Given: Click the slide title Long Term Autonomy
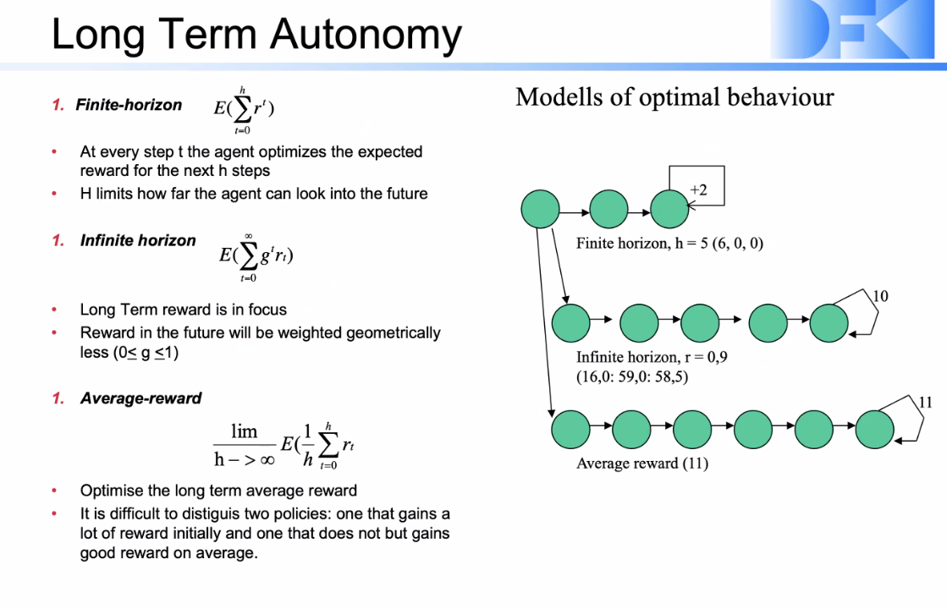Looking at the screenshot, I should click(x=256, y=35).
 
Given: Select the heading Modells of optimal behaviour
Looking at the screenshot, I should click(x=674, y=97).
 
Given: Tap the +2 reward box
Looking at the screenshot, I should click(x=696, y=189).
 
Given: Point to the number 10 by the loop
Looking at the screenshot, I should click(x=880, y=296).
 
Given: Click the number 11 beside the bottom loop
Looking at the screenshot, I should click(x=925, y=402).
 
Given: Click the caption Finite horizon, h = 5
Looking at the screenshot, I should click(x=669, y=244).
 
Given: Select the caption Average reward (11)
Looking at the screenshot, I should click(x=641, y=463).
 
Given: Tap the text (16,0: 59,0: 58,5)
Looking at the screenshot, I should click(x=632, y=376).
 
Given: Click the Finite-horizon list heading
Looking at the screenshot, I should click(x=129, y=105).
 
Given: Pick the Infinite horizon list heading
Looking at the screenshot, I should click(x=137, y=240).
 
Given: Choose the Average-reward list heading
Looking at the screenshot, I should click(x=140, y=398).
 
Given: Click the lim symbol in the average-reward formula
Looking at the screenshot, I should click(x=244, y=431).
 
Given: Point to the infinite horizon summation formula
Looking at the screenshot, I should click(x=256, y=255).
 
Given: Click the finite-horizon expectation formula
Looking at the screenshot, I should click(x=245, y=109).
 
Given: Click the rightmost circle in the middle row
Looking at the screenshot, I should click(x=829, y=321).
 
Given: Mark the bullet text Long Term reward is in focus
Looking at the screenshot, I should click(x=183, y=310).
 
